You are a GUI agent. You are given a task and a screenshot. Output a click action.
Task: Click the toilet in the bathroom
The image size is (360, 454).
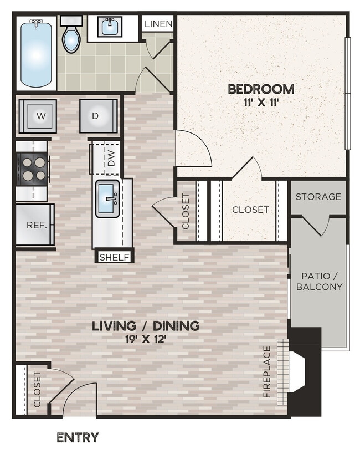click(x=71, y=36)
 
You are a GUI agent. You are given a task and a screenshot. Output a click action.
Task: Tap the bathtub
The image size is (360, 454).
click(x=37, y=53)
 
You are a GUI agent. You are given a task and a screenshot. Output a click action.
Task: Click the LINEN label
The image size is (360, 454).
click(x=159, y=24)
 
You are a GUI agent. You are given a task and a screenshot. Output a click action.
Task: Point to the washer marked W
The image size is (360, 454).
click(x=40, y=116)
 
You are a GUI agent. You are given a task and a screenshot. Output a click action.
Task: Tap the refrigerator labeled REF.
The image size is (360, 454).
click(x=34, y=225)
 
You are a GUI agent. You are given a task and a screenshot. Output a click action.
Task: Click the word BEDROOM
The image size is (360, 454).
click(x=261, y=89)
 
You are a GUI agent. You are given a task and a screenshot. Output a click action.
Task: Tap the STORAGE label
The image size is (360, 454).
click(x=318, y=197)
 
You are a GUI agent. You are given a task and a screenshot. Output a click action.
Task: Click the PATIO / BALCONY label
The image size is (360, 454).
click(x=319, y=281)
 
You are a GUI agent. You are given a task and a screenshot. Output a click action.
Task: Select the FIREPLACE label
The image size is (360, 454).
click(x=267, y=371)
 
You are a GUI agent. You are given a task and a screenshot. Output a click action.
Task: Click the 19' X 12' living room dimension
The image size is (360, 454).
click(x=146, y=340)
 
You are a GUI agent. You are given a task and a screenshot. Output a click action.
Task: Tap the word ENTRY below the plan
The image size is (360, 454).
click(x=78, y=437)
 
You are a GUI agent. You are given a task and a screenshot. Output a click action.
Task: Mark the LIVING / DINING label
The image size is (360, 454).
click(x=146, y=325)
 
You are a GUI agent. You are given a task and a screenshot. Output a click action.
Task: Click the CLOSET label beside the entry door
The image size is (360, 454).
click(x=37, y=389)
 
